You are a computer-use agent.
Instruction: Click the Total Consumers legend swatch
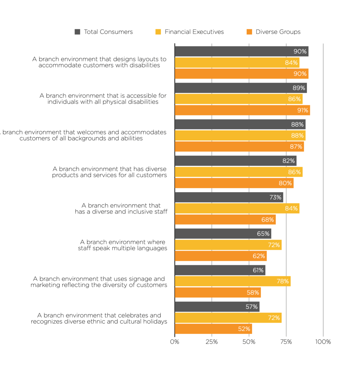point(77,32)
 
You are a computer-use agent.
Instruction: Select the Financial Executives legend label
point(194,32)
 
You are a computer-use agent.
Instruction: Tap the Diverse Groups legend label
point(278,32)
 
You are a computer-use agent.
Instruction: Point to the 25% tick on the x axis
point(212,342)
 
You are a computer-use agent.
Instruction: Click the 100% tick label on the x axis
point(323,342)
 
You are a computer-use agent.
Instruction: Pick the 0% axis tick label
point(175,342)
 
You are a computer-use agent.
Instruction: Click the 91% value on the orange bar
point(302,110)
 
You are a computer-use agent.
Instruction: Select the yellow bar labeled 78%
point(232,281)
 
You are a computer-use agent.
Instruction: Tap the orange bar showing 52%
point(213,329)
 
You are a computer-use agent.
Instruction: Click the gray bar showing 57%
point(217,307)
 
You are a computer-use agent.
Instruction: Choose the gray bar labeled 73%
point(229,197)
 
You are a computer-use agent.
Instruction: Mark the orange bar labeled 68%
point(225,220)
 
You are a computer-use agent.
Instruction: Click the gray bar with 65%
point(223,234)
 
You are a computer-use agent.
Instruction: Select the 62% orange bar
point(220,256)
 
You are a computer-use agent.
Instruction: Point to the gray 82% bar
point(235,161)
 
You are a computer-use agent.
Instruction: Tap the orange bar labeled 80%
point(234,183)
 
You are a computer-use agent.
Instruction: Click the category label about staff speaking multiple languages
point(122,245)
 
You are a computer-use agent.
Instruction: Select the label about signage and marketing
point(99,282)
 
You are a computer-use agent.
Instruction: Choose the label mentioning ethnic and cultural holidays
point(99,318)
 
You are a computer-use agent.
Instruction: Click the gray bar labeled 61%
point(220,270)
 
